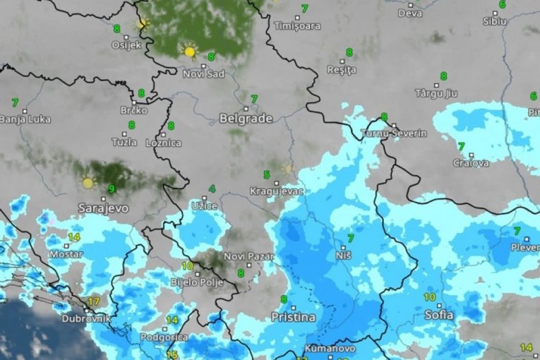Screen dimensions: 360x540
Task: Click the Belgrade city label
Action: [246, 119]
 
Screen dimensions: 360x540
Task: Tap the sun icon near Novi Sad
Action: [188, 52]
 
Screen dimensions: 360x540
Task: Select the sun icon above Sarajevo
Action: [88, 183]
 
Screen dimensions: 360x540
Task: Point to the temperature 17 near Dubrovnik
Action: [93, 301]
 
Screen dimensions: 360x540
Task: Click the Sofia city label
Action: [439, 316]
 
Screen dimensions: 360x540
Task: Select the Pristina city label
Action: [293, 318]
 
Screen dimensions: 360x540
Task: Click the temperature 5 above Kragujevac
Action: [267, 174]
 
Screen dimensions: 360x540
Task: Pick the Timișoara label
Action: [297, 26]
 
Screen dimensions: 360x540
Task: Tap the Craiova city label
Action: [471, 163]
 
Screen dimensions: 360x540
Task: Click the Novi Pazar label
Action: [248, 256]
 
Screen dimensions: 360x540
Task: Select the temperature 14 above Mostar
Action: [73, 237]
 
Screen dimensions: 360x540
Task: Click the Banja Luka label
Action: [25, 119]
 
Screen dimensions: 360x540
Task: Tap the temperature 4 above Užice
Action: [212, 189]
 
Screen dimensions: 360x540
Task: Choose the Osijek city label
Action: [126, 45]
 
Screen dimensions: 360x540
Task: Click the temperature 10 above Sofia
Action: [429, 297]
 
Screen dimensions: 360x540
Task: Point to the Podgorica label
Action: [164, 337]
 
